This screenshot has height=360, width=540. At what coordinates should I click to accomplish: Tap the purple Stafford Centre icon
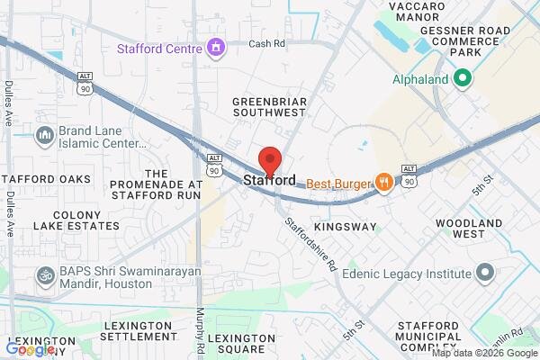[x=215, y=46]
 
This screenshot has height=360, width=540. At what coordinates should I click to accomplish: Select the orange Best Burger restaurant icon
[x=384, y=183]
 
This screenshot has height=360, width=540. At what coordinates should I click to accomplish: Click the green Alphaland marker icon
[x=463, y=79]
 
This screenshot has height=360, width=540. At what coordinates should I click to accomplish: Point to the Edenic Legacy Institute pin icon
[x=486, y=272]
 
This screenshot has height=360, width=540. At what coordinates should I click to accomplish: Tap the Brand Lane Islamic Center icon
[x=43, y=136]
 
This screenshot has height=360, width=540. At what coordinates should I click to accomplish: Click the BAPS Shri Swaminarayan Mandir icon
[x=43, y=274]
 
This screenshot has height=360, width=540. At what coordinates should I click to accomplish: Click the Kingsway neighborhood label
[x=346, y=227]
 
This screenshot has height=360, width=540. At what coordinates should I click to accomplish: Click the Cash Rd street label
[x=266, y=43]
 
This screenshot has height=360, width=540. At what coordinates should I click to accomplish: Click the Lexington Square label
[x=241, y=344]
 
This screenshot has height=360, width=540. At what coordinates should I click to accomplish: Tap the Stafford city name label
[x=269, y=181]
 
